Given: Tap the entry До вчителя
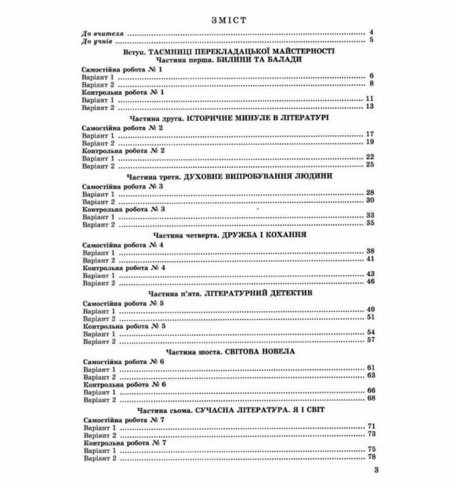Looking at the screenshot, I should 102,33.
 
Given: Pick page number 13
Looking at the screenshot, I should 369,107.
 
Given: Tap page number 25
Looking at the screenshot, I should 369,166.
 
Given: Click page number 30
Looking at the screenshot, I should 369,201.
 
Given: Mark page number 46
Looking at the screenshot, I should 369,283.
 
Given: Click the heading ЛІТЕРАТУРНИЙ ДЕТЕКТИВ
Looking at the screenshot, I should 257,294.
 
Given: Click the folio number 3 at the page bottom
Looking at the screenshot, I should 377,471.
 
